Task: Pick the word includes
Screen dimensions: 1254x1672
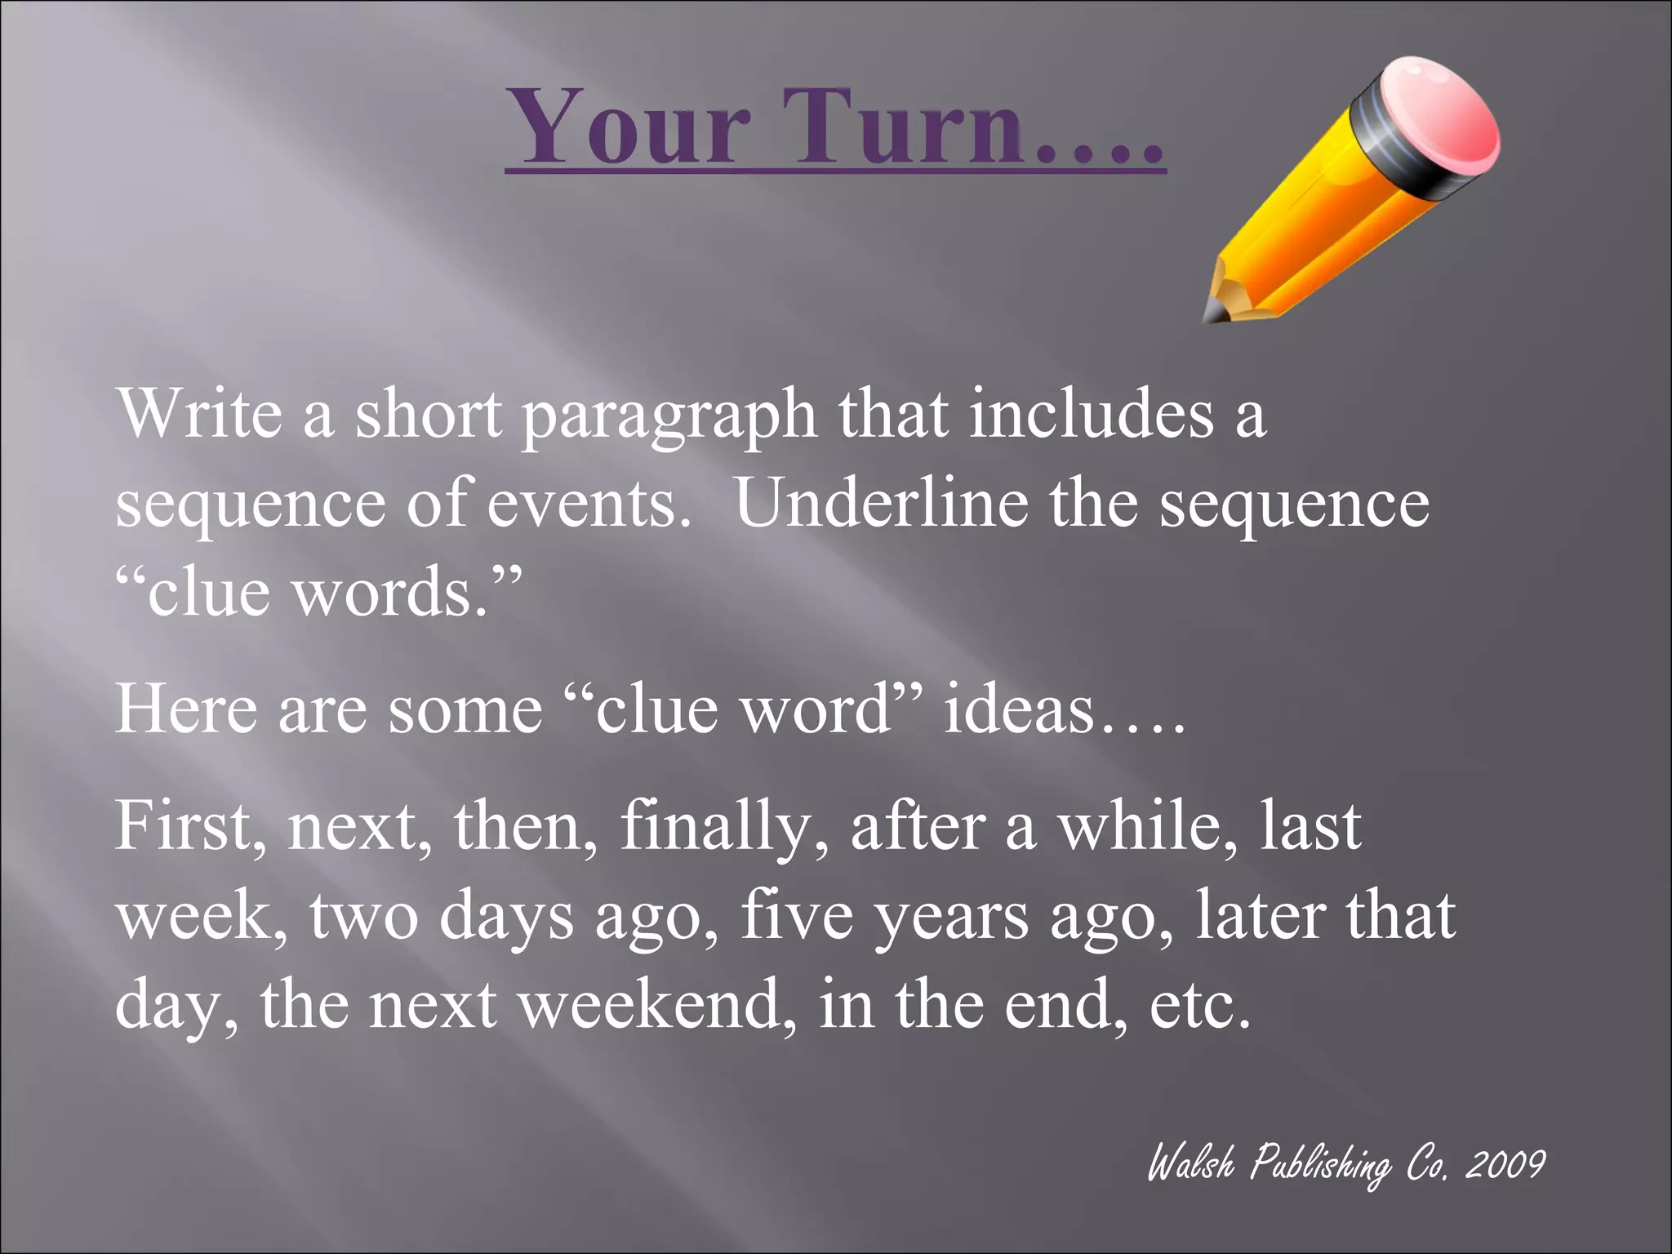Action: (1092, 413)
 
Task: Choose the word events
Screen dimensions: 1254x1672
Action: (583, 505)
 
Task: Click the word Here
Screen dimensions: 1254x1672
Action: (186, 708)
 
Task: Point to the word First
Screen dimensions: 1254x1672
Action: (189, 826)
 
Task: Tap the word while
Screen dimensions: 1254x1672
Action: (1147, 826)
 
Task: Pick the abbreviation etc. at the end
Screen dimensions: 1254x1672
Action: (1200, 1005)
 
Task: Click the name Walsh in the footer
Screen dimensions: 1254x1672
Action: (1191, 1163)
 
